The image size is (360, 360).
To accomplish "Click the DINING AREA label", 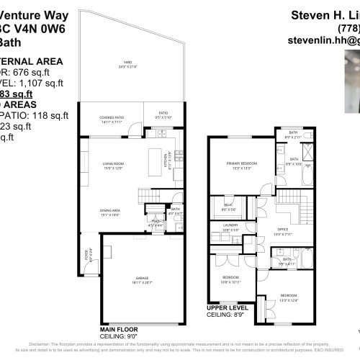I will [109, 212].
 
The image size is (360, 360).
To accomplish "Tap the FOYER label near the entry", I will [85, 253].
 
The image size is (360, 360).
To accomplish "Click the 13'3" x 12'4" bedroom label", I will [287, 296].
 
